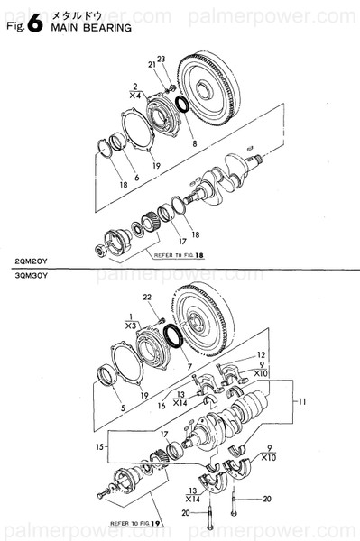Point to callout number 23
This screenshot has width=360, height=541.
point(162,60)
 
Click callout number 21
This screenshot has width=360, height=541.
point(151,64)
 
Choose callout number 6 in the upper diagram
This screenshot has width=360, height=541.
point(136,178)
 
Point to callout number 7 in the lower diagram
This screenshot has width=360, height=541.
point(189,371)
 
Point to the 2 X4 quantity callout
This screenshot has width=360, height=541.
point(134,89)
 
